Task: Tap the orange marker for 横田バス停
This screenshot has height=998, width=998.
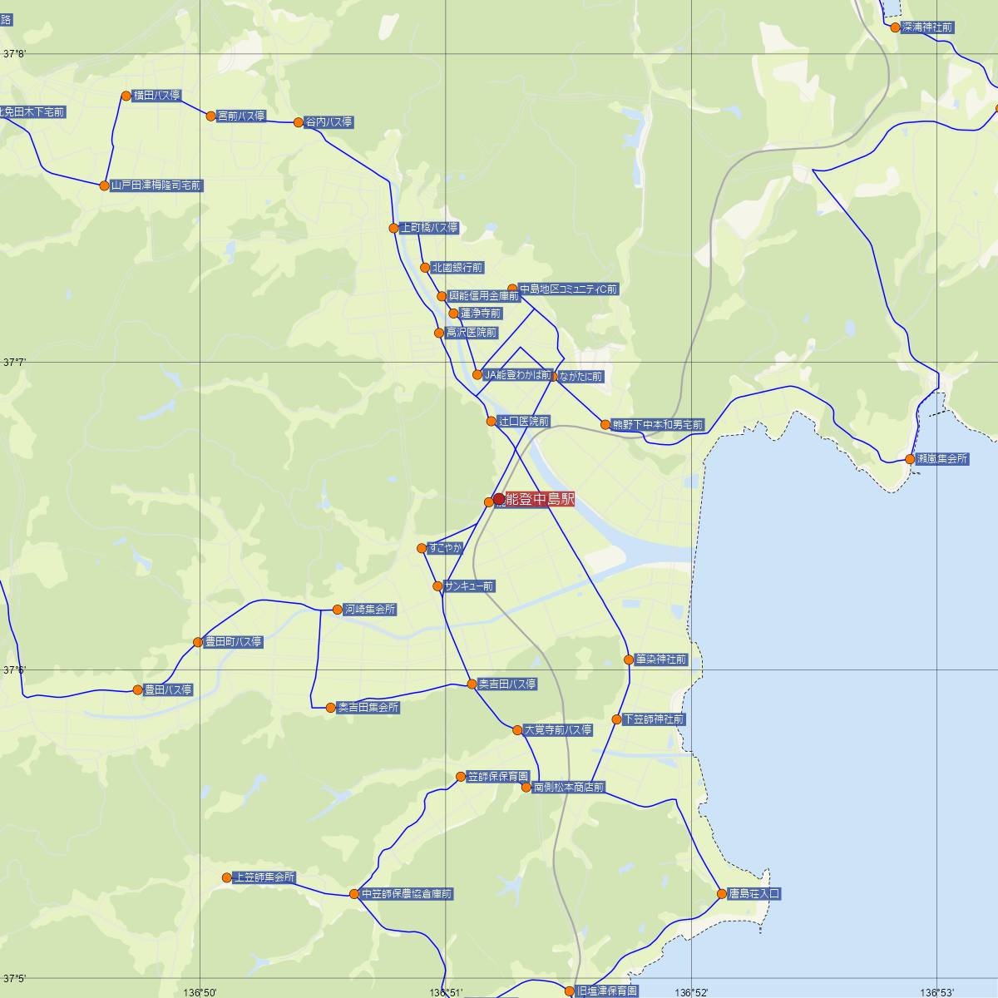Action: [126, 96]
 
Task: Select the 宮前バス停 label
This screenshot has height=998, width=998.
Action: [240, 116]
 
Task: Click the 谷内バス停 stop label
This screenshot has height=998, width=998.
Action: [329, 122]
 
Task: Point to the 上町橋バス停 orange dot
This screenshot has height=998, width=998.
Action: [394, 228]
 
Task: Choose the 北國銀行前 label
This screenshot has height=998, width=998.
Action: [457, 268]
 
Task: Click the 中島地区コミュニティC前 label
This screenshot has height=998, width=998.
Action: [568, 289]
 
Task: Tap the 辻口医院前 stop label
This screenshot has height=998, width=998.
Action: [522, 422]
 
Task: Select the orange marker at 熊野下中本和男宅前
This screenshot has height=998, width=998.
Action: [605, 425]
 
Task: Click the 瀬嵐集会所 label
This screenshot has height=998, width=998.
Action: [941, 459]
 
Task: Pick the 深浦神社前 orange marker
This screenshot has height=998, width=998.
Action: [896, 27]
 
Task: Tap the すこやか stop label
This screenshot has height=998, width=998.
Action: [444, 548]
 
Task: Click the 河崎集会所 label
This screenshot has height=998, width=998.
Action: [369, 610]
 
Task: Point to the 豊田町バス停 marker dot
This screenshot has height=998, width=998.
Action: [198, 642]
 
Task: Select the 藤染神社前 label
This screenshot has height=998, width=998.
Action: [660, 660]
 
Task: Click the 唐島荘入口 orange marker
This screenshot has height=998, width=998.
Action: [722, 894]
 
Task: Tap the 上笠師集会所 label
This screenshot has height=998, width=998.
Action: [264, 877]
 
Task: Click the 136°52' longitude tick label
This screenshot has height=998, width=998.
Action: [692, 992]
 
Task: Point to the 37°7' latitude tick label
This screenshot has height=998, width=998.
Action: [15, 363]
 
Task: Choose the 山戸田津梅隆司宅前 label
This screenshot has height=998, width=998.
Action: [156, 185]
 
